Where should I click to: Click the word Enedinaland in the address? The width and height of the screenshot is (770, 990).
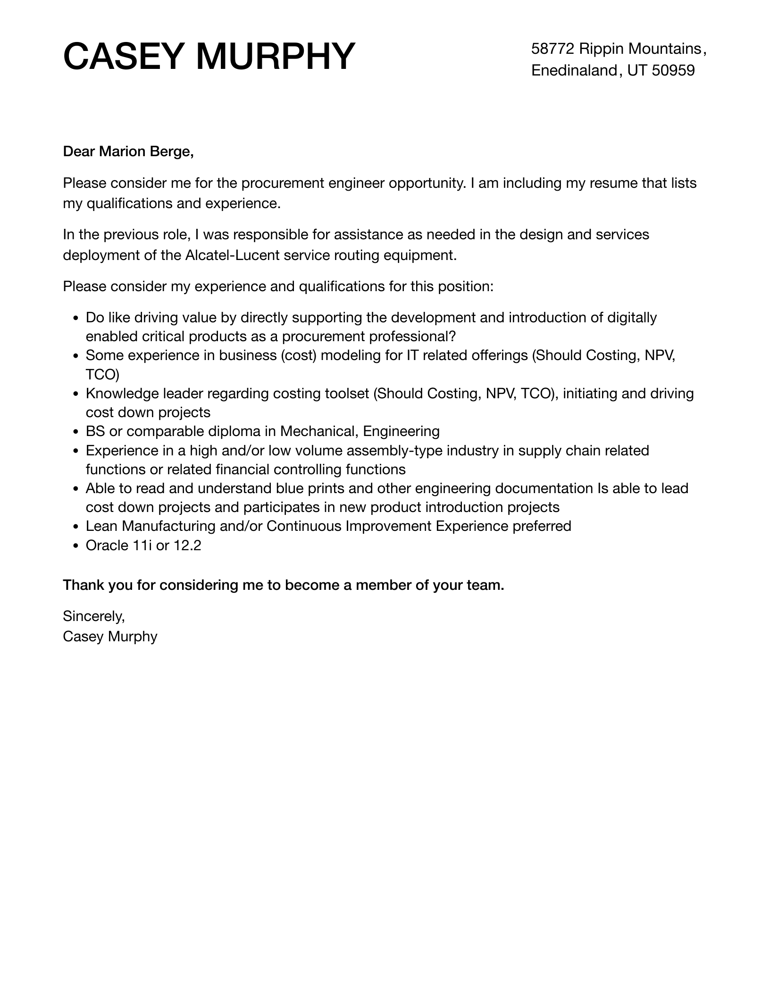(574, 70)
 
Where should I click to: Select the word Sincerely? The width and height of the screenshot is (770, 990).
(93, 616)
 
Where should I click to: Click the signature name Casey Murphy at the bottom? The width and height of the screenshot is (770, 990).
(110, 637)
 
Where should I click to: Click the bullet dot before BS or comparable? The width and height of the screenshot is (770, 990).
(76, 432)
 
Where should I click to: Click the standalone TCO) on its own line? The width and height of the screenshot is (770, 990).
(102, 375)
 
